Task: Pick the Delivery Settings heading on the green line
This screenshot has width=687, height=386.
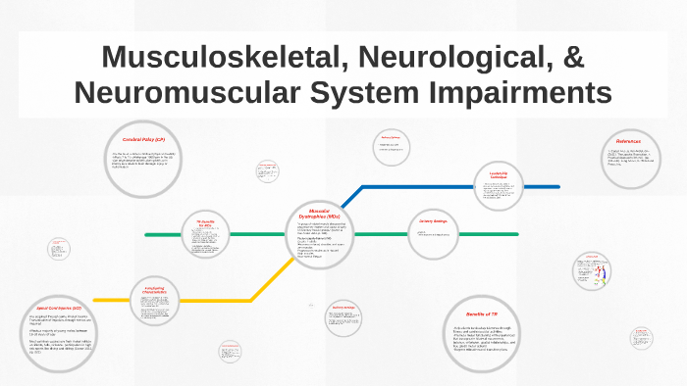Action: (x=433, y=221)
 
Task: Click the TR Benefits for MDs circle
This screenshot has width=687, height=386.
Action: (x=205, y=232)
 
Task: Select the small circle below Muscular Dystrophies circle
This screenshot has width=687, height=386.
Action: (x=343, y=314)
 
